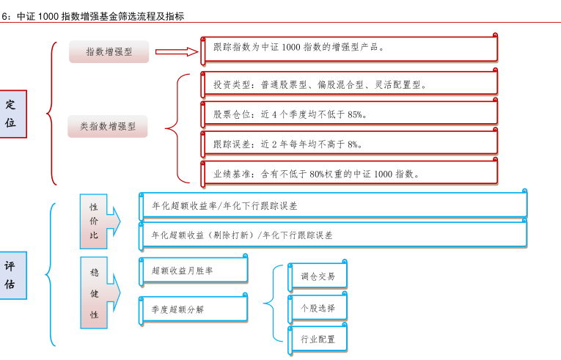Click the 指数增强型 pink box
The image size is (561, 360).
pyautogui.click(x=109, y=51)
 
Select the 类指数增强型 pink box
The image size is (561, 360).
pyautogui.click(x=108, y=126)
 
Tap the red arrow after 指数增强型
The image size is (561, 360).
pyautogui.click(x=177, y=52)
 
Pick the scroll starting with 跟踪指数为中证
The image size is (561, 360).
pyautogui.click(x=349, y=49)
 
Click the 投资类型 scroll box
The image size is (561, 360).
pyautogui.click(x=349, y=84)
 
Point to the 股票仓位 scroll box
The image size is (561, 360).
pyautogui.click(x=349, y=113)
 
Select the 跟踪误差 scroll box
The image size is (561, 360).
pyautogui.click(x=349, y=143)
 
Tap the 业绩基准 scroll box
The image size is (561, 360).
pyautogui.click(x=349, y=172)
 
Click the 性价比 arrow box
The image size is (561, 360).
pyautogui.click(x=100, y=221)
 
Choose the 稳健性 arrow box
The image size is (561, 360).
pyautogui.click(x=100, y=293)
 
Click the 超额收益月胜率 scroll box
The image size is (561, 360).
pyautogui.click(x=193, y=270)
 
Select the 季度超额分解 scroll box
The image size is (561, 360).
pyautogui.click(x=193, y=309)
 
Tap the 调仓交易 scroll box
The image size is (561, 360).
pyautogui.click(x=318, y=276)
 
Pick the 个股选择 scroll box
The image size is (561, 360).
pyautogui.click(x=318, y=307)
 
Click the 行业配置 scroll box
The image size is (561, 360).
pyautogui.click(x=318, y=339)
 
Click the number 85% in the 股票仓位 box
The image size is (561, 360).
pyautogui.click(x=354, y=114)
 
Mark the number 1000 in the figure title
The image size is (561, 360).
pyautogui.click(x=48, y=16)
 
